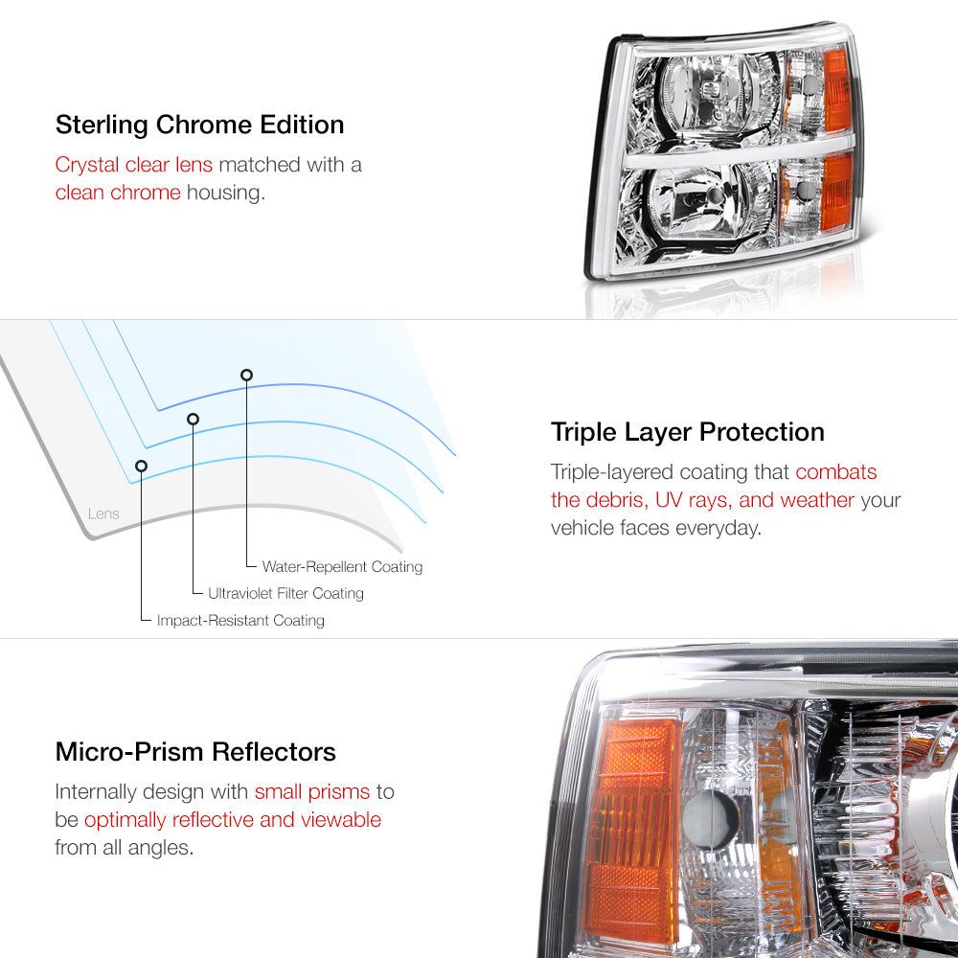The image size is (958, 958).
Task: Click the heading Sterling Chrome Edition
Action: pos(200,125)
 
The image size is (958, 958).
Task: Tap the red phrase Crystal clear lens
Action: pos(134,165)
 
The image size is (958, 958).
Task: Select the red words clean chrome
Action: pos(118,193)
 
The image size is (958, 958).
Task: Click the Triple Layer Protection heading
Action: pos(687,433)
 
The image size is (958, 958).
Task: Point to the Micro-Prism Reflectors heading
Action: pos(195,751)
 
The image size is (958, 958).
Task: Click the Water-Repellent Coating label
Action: pos(342,567)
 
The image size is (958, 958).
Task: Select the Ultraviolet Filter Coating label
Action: pos(285,593)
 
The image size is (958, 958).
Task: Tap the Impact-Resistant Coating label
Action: pos(240,621)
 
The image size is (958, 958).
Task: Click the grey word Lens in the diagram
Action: pos(103,513)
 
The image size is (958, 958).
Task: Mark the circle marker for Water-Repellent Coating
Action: pos(246,375)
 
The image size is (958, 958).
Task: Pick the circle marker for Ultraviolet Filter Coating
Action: pos(194,419)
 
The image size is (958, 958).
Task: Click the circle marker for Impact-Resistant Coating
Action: pos(141,466)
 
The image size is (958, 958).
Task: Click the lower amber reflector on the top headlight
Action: pos(836,193)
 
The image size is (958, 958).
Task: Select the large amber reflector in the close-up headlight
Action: pos(630,831)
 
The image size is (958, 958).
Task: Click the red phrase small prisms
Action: pos(312,792)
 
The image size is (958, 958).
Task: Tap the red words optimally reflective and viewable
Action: pos(233,820)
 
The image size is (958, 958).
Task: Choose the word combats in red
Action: pos(835,472)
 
